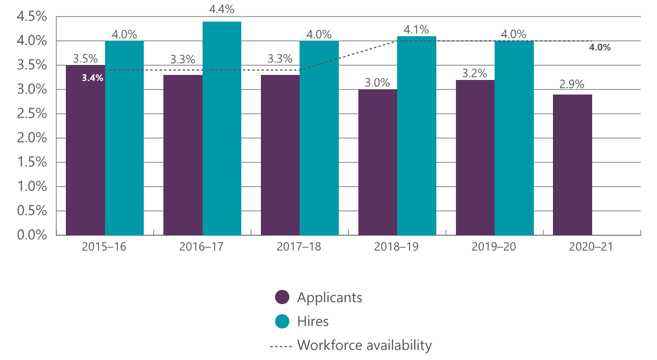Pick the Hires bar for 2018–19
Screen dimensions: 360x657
coord(417,136)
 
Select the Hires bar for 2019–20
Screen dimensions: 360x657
coord(514,138)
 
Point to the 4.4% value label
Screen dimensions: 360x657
coord(222,10)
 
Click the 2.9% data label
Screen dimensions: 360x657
coord(572,83)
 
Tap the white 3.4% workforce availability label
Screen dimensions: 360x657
coord(92,77)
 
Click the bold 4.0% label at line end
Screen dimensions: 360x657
coord(600,48)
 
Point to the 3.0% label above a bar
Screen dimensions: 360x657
coord(378,83)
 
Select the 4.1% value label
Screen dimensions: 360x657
coord(417,30)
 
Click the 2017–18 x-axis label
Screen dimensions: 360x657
coord(300,247)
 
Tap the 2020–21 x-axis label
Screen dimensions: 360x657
coord(592,247)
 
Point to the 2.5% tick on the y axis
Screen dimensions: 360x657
coord(32,114)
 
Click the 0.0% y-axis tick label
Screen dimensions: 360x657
coord(32,235)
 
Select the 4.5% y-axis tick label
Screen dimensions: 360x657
coord(32,17)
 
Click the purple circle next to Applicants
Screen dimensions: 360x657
coord(283,297)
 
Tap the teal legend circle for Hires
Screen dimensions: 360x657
coord(283,321)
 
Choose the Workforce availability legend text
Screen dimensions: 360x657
coord(364,345)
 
